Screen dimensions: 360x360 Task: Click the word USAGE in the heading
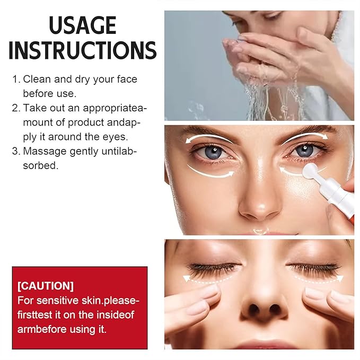[x=82, y=25]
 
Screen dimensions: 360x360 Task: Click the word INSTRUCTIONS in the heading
[x=82, y=50]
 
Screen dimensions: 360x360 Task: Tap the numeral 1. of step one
[x=16, y=80]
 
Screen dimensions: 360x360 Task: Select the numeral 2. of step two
[x=16, y=108]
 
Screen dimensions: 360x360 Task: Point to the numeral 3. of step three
[x=16, y=151]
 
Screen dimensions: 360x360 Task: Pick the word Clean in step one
[x=36, y=80]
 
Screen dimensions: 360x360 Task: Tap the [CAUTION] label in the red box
[x=46, y=286]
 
